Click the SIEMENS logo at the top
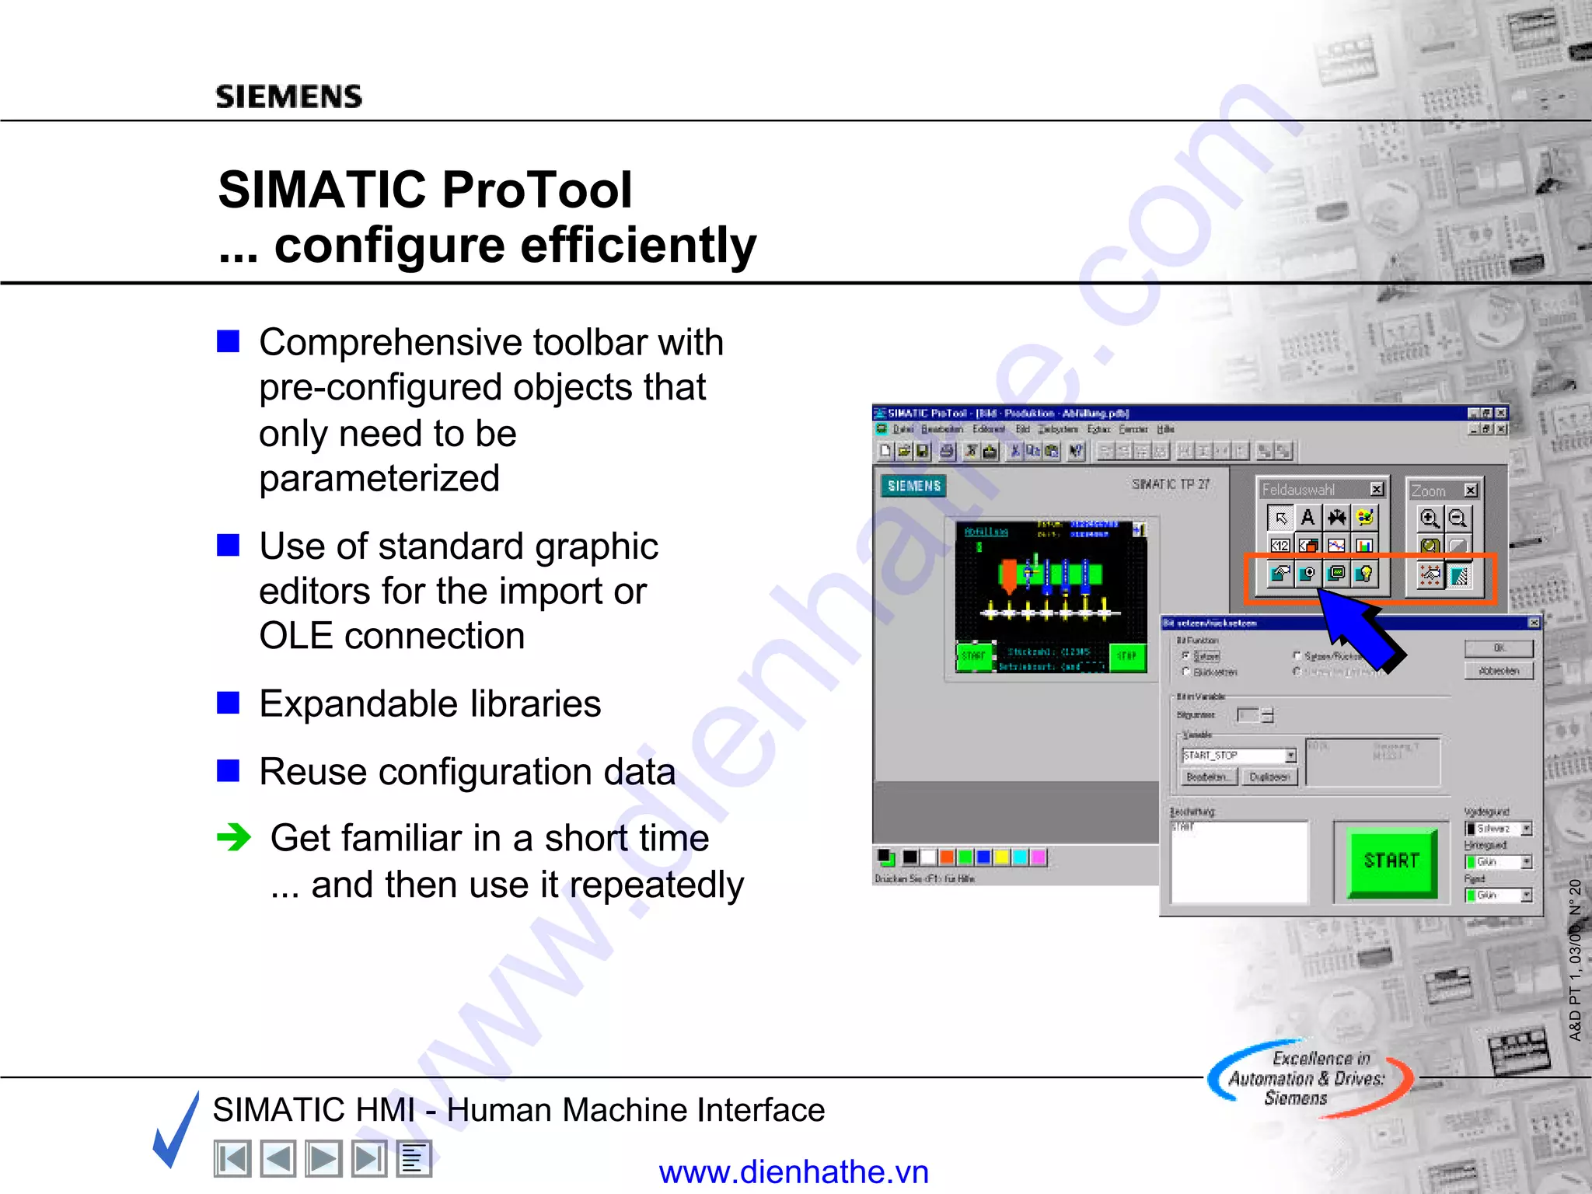[288, 97]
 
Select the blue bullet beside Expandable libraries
[228, 703]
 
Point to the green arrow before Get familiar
[233, 837]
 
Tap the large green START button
[1391, 861]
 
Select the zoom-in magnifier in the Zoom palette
[1429, 518]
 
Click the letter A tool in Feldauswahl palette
[1307, 518]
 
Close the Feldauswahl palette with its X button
[1377, 489]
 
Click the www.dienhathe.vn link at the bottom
[794, 1171]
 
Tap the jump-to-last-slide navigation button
[368, 1159]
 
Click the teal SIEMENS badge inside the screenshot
[913, 486]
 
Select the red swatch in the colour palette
[947, 857]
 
